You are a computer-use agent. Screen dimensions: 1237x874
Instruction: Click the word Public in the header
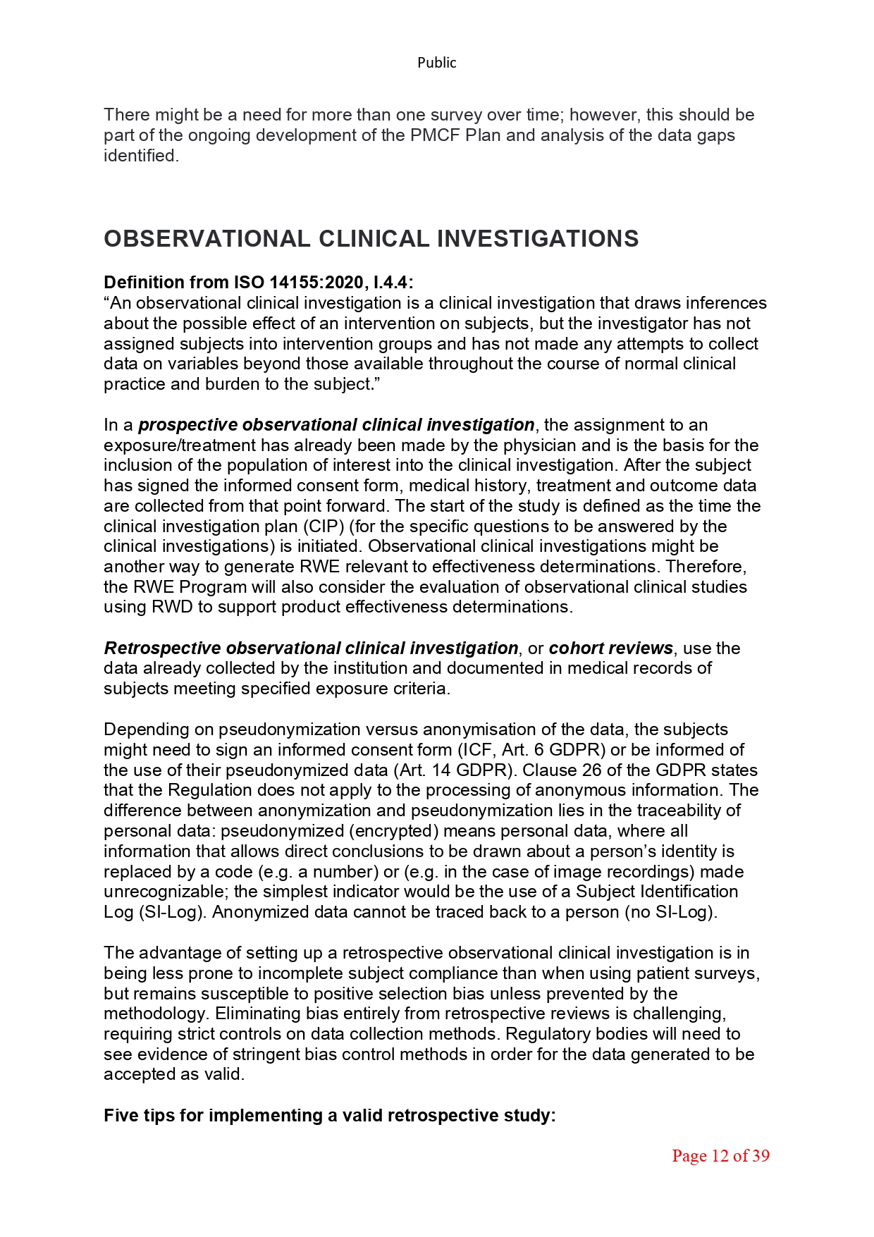coord(436,63)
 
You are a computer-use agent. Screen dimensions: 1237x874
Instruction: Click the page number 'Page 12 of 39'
coord(720,1155)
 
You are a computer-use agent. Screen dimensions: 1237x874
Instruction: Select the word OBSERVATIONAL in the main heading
coord(207,239)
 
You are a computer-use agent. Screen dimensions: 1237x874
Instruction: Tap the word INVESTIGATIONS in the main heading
coord(538,239)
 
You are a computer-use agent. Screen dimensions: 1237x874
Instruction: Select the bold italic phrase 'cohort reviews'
coord(610,648)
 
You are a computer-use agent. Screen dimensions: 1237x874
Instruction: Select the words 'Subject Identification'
coord(657,892)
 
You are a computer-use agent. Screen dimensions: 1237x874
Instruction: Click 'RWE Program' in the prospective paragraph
coord(188,587)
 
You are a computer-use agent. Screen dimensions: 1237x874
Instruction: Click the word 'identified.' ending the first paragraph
coord(141,156)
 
